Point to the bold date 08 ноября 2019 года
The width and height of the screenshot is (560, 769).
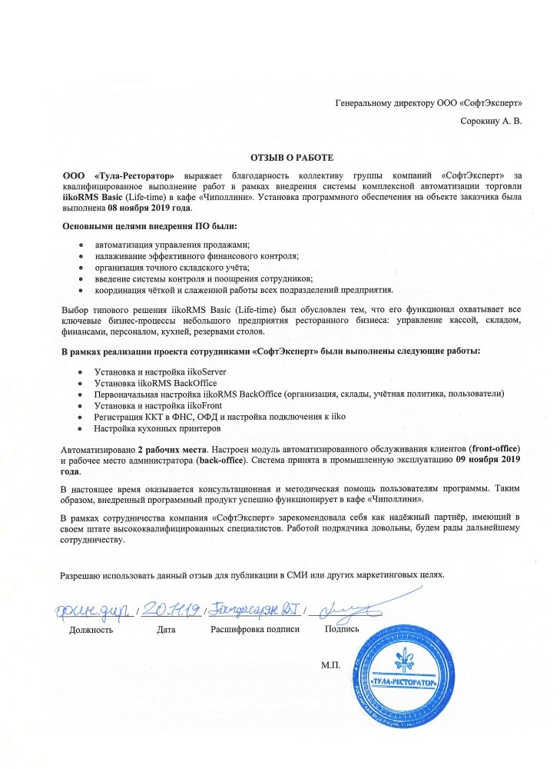coord(151,208)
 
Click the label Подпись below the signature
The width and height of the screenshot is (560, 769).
coord(343,629)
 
